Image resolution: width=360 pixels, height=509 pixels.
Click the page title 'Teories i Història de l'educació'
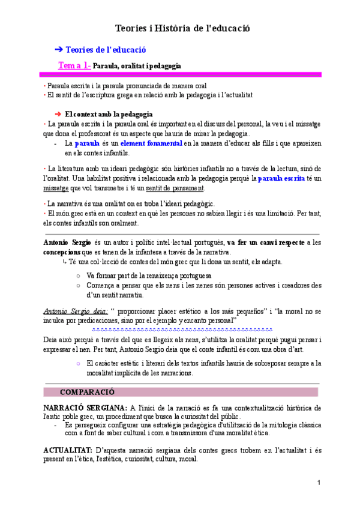coord(182,28)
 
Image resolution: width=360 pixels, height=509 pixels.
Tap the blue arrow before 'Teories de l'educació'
coord(58,50)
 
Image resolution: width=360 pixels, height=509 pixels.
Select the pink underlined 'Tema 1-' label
coord(74,65)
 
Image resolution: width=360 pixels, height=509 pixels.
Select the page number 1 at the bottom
coord(319,483)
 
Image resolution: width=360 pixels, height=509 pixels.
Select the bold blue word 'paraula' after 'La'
coord(87,144)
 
